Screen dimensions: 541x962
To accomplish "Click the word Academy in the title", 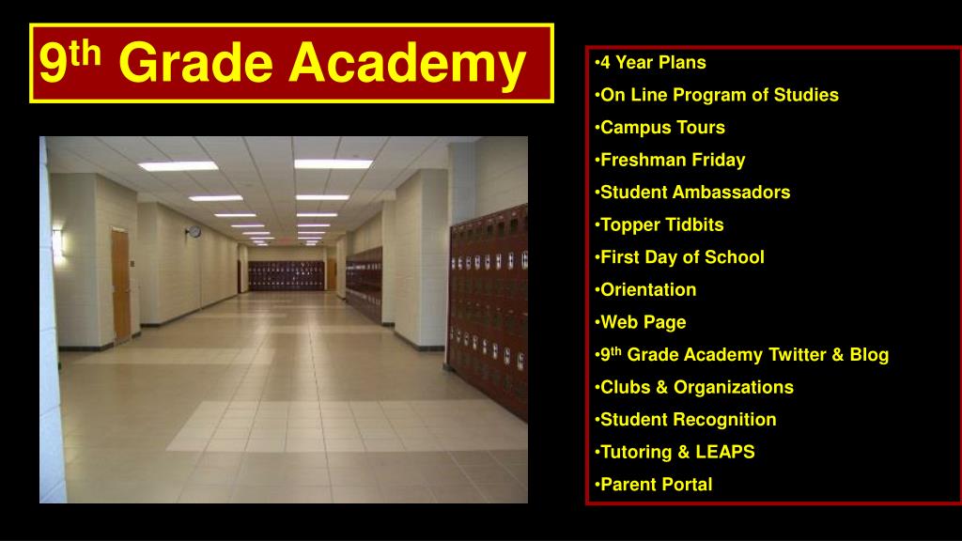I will [x=406, y=63].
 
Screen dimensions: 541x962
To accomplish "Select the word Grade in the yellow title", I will [x=195, y=63].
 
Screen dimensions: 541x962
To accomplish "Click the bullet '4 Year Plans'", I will [x=653, y=63].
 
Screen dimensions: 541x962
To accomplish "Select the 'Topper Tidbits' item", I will [x=661, y=224].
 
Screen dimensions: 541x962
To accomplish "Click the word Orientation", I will [x=648, y=289].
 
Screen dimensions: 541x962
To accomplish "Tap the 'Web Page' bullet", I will [x=643, y=322].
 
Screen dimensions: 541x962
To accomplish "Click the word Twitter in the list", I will [x=798, y=355].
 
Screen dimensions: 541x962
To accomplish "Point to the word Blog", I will [x=868, y=355].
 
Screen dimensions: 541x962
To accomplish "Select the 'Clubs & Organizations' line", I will [x=696, y=387].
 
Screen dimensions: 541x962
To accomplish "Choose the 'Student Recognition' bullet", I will [x=688, y=420].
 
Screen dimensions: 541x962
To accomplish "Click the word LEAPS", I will [x=725, y=452].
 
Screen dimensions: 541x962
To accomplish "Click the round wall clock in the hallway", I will [x=194, y=231].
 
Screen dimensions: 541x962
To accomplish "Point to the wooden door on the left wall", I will [x=120, y=284].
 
